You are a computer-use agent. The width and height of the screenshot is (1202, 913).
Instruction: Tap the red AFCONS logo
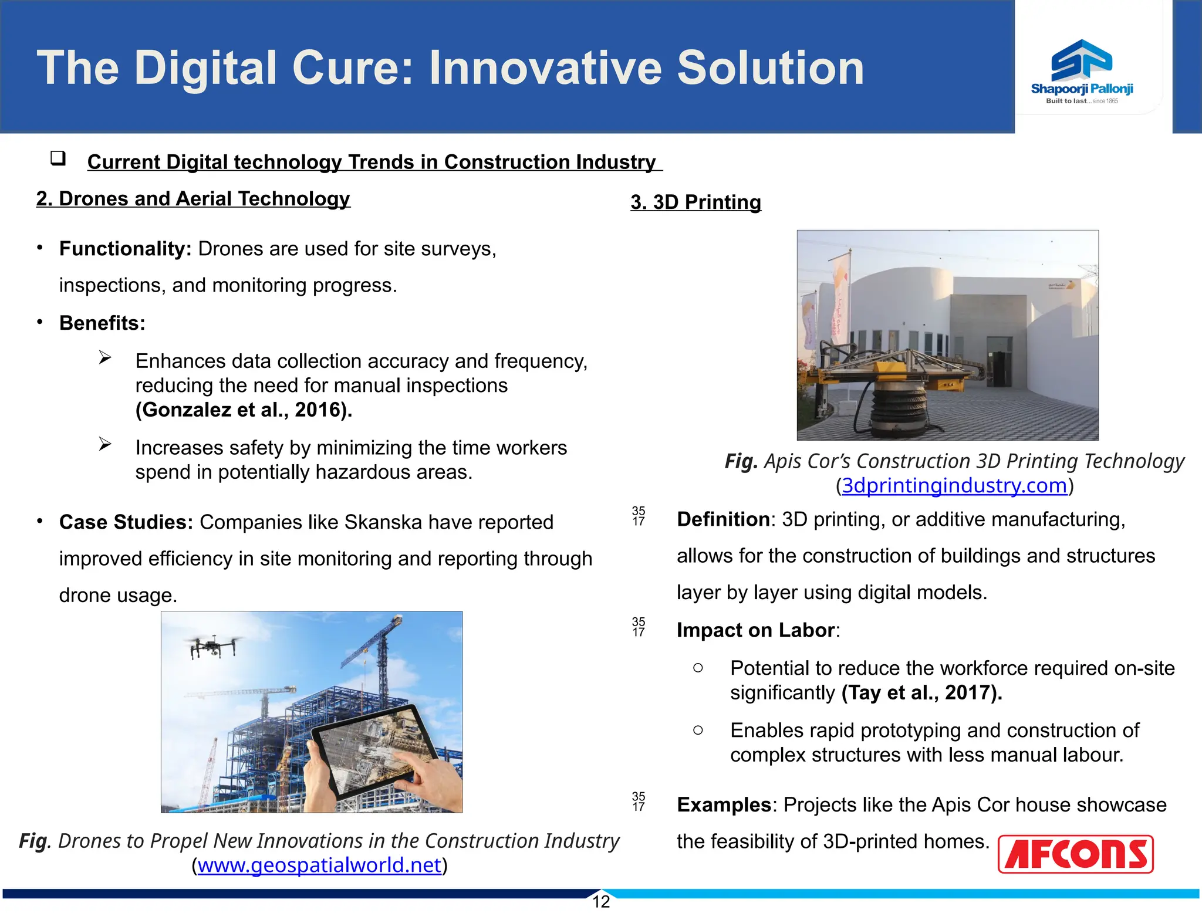(1075, 854)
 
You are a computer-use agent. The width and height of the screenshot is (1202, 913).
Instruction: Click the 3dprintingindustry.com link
(954, 485)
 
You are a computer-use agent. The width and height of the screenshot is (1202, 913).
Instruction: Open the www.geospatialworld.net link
(319, 865)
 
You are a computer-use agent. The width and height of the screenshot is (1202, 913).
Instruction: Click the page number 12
(601, 902)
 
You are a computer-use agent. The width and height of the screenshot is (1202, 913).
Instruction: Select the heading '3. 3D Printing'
(695, 202)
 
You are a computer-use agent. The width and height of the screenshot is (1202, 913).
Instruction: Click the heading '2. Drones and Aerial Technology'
(193, 198)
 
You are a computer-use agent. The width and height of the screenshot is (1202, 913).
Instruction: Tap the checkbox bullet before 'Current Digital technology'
(58, 158)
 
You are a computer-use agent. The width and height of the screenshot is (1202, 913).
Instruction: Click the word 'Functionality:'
(125, 249)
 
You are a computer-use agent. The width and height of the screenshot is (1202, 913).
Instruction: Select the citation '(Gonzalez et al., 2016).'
(244, 410)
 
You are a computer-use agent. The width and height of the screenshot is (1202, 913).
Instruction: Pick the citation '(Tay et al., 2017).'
(921, 692)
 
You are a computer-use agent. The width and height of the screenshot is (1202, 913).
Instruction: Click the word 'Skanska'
(383, 522)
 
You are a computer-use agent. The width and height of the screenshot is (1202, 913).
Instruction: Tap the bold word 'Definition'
(723, 519)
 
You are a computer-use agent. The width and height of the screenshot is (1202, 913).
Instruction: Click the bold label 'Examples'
(724, 804)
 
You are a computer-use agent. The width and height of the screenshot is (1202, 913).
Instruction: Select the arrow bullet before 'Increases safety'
(105, 444)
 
